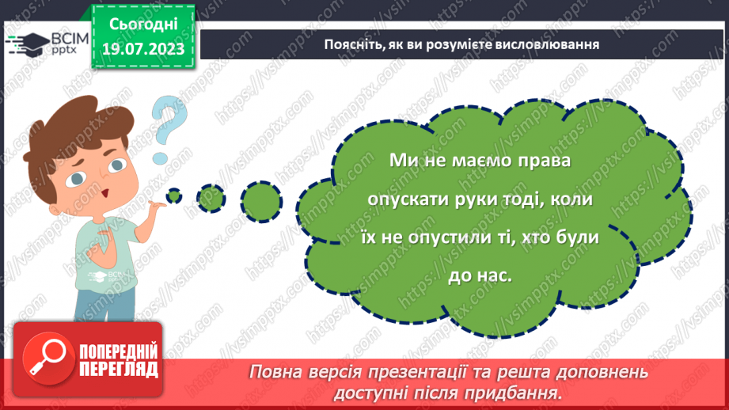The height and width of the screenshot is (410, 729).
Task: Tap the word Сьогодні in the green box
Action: pyautogui.click(x=142, y=25)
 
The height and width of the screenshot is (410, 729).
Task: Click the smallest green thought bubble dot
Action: pyautogui.click(x=173, y=195)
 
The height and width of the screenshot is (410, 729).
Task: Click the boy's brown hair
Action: pyautogui.click(x=71, y=119)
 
